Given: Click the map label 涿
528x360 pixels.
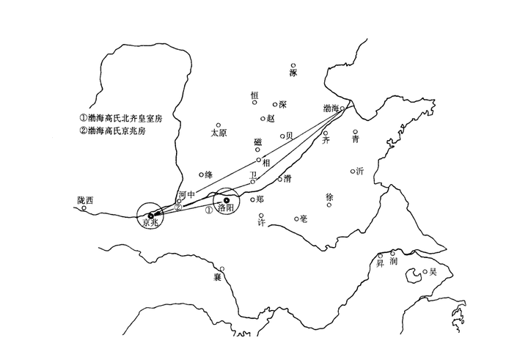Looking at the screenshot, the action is tap(293, 73).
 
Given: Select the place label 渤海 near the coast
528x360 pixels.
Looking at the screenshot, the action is tap(331, 109).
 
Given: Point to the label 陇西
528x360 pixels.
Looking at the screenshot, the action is tap(86, 199).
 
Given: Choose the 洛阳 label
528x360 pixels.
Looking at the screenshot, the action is tap(226, 208).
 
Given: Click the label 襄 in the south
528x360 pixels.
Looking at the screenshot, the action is tap(217, 277).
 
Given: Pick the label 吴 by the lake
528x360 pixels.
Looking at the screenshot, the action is tap(433, 271).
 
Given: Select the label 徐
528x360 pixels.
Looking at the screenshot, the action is tap(329, 197).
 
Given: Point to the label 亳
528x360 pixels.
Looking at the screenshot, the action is tap(304, 218).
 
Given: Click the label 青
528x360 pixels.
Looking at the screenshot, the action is tap(356, 139).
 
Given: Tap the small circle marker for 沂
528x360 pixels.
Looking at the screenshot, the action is tap(352, 170).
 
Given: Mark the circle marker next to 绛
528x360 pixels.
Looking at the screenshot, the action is tap(201, 175).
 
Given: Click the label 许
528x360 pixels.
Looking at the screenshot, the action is tap(261, 222).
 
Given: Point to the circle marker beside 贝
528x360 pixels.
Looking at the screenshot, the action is tap(282, 136).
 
